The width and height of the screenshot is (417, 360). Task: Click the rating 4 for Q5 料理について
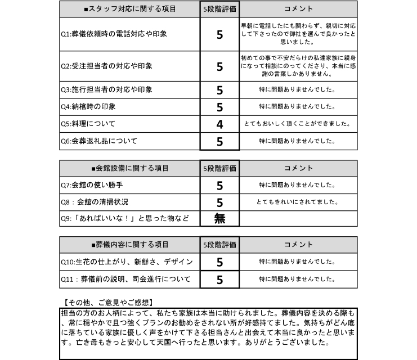[x=219, y=124]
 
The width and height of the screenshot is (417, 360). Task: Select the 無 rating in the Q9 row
[x=219, y=219]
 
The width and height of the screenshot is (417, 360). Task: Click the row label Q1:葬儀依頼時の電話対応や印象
[x=114, y=34]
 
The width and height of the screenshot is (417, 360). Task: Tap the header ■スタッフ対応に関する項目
[x=129, y=10]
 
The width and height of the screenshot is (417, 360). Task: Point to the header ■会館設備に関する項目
[x=129, y=168]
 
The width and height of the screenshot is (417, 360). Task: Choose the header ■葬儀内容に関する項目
[x=129, y=245]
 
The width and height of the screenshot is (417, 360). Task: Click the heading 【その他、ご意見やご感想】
[x=107, y=302]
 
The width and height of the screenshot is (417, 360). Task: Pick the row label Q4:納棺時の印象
[x=88, y=107]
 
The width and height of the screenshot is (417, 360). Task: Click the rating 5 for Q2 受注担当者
[x=219, y=66]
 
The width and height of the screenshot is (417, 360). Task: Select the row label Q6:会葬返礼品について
[x=99, y=141]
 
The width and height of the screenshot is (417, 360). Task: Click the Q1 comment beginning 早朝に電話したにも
[x=298, y=34]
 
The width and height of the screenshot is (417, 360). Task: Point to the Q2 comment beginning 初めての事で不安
[x=298, y=66]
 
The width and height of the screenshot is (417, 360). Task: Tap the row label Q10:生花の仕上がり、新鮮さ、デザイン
[x=127, y=262]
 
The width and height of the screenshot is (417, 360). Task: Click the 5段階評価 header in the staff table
[x=219, y=10]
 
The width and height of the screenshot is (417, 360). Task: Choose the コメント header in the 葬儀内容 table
[x=298, y=245]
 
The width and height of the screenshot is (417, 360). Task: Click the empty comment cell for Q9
[x=298, y=219]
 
